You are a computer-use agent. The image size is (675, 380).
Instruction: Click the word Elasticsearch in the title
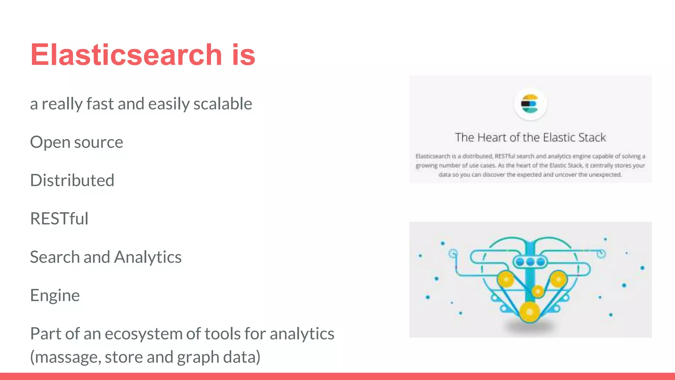click(126, 55)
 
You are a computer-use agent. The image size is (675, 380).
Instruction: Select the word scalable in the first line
click(223, 104)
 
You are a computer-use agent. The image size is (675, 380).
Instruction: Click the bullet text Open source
click(76, 142)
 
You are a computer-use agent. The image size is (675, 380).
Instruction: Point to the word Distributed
click(72, 180)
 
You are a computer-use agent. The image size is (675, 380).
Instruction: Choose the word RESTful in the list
click(59, 219)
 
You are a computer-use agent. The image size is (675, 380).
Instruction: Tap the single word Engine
click(55, 295)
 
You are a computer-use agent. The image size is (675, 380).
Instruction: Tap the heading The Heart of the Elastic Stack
click(530, 138)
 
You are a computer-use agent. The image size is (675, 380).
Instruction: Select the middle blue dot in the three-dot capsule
click(530, 262)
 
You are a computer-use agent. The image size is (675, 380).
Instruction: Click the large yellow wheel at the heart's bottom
click(529, 312)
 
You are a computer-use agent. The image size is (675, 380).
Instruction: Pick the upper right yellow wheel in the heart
click(558, 279)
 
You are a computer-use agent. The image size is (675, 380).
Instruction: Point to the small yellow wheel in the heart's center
click(538, 291)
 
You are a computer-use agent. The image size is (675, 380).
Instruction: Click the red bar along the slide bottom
click(337, 376)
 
